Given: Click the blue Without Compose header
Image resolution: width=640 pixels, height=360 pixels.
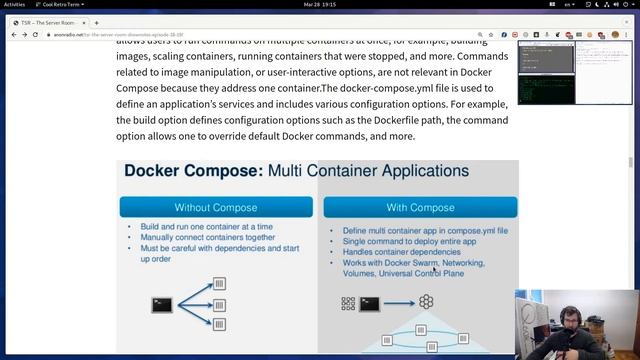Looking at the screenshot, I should tap(215, 207).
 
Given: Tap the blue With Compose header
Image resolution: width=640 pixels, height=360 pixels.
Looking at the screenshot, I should tap(420, 207).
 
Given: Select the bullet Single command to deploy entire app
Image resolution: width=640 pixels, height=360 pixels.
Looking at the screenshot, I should tap(397, 241).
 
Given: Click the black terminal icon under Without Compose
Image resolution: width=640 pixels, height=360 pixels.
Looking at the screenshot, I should tap(163, 304).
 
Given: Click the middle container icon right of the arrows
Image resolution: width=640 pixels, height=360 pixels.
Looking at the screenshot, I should tap(220, 304).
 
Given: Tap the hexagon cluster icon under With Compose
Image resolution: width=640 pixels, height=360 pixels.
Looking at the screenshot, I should tap(426, 302).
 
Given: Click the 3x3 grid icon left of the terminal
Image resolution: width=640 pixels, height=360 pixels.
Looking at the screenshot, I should tap(348, 303).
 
